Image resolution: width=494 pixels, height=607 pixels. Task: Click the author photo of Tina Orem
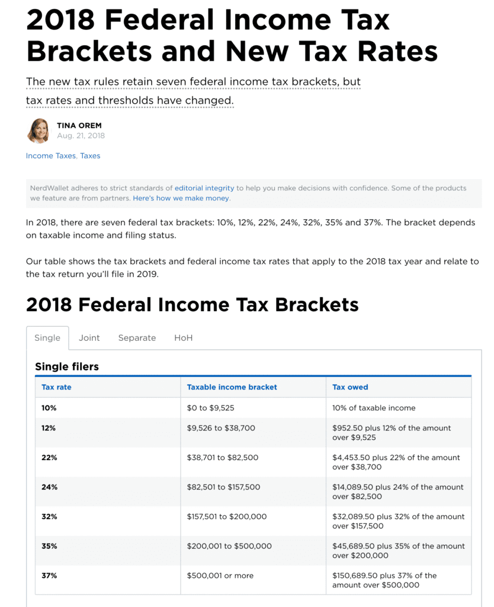point(39,130)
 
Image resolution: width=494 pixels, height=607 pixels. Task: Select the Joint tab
point(89,338)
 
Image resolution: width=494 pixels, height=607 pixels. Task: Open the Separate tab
point(137,338)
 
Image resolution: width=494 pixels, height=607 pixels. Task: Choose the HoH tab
point(183,338)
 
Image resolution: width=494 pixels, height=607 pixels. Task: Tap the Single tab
point(47,338)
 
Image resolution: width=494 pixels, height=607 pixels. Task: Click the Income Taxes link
point(51,156)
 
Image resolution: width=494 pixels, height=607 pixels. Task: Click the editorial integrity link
point(204,188)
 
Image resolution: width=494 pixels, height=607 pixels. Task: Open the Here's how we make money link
point(181,198)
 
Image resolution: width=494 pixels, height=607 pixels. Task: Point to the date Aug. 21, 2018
point(81,136)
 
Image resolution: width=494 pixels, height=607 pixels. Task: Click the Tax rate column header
point(56,387)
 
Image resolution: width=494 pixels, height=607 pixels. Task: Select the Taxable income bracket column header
point(232,387)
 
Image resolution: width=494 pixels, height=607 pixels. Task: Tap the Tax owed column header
point(350,387)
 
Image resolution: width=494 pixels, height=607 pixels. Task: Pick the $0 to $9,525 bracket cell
point(215,408)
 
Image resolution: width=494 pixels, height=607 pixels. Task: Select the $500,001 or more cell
point(220,576)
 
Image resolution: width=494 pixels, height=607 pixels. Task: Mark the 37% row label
point(49,576)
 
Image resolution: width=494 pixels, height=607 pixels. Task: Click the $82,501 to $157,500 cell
point(223,487)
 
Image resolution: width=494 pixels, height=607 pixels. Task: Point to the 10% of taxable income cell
point(374,408)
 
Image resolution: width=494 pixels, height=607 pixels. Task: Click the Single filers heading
point(67,367)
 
